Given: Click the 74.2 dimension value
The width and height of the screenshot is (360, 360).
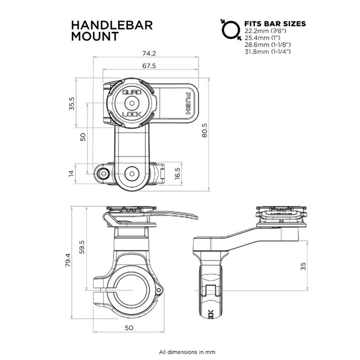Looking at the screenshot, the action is point(148,53).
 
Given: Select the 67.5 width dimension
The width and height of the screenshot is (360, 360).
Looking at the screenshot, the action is point(148,66).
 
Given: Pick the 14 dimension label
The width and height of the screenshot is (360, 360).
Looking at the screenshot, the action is point(71,173).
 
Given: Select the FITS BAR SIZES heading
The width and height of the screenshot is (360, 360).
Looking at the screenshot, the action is point(275,23).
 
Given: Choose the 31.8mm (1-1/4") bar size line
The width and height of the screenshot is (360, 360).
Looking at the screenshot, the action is point(268,52).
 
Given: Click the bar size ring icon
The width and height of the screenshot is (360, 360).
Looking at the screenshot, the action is point(229,29).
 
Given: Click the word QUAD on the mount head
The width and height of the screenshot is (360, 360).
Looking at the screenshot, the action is point(132,92).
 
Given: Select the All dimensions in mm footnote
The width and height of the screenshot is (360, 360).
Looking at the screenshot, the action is point(180,351).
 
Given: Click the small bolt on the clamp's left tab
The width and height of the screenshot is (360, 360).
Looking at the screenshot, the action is point(104,173).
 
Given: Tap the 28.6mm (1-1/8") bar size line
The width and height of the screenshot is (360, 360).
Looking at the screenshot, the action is point(268,45).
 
